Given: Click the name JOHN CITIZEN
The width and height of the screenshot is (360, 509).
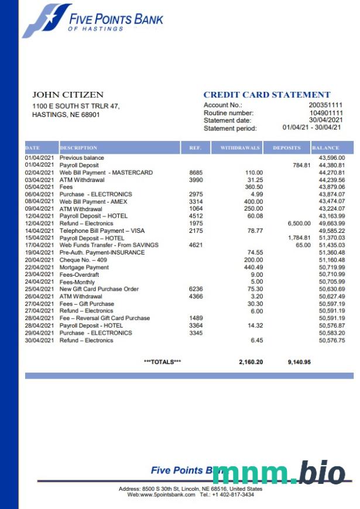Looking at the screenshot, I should point(68,95).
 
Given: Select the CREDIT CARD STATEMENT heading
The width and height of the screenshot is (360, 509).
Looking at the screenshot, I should point(267,95).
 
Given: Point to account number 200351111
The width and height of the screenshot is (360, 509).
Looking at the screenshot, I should point(325,105).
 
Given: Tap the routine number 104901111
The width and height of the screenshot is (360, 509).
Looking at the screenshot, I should point(325,113).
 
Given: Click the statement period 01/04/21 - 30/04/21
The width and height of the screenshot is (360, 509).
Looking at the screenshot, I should point(312,128).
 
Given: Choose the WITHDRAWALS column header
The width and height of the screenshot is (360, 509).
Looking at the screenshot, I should point(240,148).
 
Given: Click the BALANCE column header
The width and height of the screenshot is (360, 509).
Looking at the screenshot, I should point(325,148).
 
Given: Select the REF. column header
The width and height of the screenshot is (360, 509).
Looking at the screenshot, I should point(196,148).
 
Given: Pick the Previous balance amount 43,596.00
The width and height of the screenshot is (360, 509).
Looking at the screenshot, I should point(332,158).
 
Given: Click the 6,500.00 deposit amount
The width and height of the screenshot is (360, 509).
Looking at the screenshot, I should point(299,223).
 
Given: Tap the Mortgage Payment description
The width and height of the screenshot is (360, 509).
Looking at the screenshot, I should point(84,267).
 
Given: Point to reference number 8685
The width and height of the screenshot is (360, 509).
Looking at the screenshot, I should point(196,173).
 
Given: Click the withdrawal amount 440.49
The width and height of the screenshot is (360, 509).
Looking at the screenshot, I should point(253,267).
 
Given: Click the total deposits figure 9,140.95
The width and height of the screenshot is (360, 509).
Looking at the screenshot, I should point(299,362).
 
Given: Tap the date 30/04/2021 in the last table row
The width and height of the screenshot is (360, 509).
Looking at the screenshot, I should point(40,341).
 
